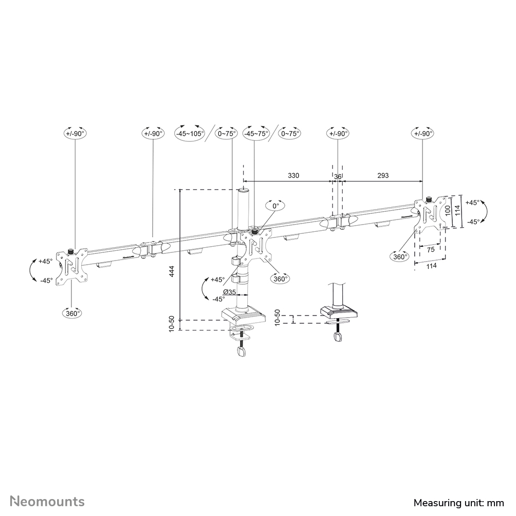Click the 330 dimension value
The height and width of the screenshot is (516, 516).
click(x=293, y=175)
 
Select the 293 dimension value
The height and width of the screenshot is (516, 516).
click(x=383, y=175)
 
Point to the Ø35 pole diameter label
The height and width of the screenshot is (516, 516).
click(x=230, y=292)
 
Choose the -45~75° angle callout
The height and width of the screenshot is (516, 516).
click(x=256, y=133)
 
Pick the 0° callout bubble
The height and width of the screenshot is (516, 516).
click(x=275, y=206)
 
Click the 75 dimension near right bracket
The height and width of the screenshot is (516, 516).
click(x=431, y=249)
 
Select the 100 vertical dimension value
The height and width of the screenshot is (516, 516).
click(x=448, y=210)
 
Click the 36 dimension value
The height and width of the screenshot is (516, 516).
click(x=338, y=175)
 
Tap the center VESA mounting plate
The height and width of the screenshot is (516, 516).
click(x=256, y=246)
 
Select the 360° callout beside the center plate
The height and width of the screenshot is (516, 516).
click(x=280, y=279)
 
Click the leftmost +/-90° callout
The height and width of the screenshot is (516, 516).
click(x=75, y=133)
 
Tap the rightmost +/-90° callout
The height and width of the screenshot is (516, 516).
click(x=423, y=133)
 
